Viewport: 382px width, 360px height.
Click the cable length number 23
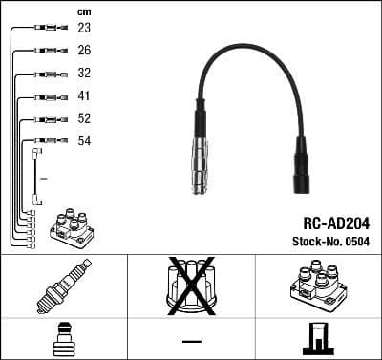[x=84, y=28]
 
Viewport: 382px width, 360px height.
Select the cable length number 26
[x=84, y=50]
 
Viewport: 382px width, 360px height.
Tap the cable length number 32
[x=84, y=73]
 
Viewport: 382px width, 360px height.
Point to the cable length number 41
[x=84, y=95]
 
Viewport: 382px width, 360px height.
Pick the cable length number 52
[x=84, y=118]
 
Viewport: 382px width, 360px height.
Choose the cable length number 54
[x=84, y=140]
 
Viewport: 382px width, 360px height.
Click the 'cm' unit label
[x=83, y=11]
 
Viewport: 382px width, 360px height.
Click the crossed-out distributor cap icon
[x=191, y=286]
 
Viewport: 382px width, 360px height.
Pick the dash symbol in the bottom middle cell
[x=191, y=340]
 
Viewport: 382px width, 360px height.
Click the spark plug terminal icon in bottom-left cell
[x=63, y=339]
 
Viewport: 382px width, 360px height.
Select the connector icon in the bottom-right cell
[x=318, y=339]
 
